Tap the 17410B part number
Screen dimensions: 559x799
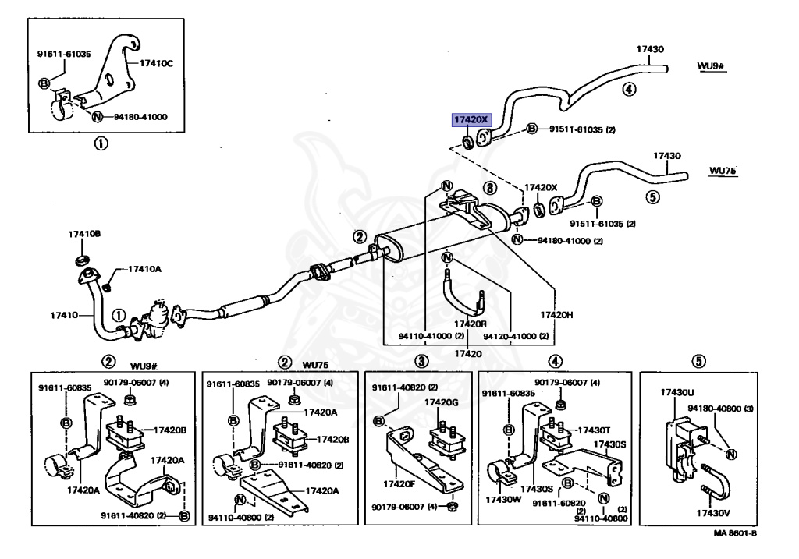(x=84, y=234)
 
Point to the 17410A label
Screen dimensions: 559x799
(x=144, y=269)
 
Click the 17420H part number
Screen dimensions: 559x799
(x=556, y=314)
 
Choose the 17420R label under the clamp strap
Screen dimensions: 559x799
(x=471, y=323)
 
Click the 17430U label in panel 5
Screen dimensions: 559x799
(x=677, y=393)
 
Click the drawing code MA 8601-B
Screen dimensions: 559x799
(x=734, y=534)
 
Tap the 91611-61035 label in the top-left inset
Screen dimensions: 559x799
(x=64, y=55)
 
